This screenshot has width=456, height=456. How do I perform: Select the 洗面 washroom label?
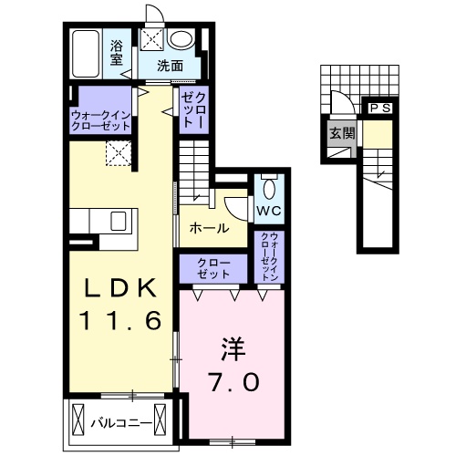tap(170, 65)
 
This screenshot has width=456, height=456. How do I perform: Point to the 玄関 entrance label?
tap(340, 132)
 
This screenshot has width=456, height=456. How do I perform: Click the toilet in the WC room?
tap(268, 189)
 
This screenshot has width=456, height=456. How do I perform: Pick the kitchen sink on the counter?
tap(119, 221)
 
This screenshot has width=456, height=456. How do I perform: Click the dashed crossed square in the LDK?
tap(119, 154)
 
